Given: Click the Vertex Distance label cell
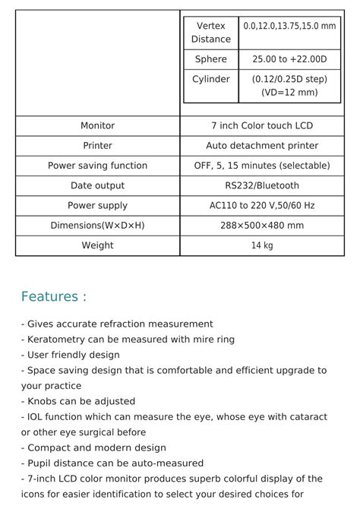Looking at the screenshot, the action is point(210,33).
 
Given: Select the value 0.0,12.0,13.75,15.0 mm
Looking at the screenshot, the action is point(289,26).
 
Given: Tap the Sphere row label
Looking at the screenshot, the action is point(210,59).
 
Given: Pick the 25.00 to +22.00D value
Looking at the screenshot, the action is point(289,59).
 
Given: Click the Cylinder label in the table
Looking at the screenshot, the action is point(210,79).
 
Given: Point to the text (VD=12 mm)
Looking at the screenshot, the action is point(289,93).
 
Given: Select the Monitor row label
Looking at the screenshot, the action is point(97,125).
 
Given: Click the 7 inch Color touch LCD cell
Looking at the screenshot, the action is point(262,125).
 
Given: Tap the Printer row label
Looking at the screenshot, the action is point(97,145).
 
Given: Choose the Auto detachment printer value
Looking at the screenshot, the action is point(262,145).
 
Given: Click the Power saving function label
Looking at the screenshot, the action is point(97,166).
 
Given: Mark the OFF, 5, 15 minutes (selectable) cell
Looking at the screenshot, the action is point(262,166).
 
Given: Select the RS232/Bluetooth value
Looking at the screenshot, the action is point(262,185).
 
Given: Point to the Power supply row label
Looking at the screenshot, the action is point(97,205).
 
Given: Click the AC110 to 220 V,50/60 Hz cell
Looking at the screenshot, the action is point(262,205).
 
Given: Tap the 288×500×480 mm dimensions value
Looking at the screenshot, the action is point(262,226).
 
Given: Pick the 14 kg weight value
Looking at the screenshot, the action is point(262,245).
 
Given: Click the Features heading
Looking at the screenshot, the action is point(53,296).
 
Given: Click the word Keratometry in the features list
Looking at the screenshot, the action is point(57,340).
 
